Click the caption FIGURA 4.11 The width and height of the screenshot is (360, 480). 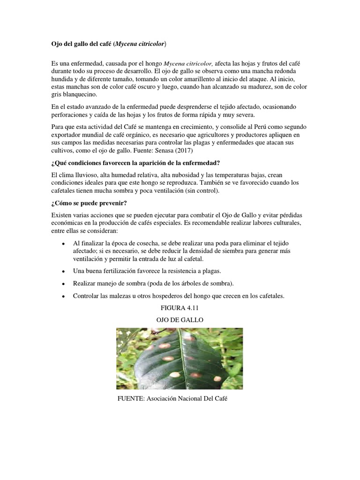180,308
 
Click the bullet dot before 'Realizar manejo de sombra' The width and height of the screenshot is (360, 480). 63,284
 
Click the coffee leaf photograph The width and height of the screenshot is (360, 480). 180,359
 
